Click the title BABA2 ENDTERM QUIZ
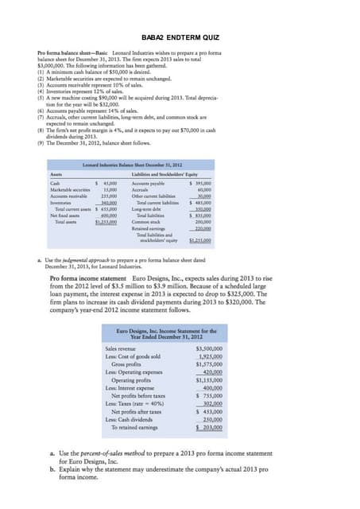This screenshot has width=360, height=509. [180, 37]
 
